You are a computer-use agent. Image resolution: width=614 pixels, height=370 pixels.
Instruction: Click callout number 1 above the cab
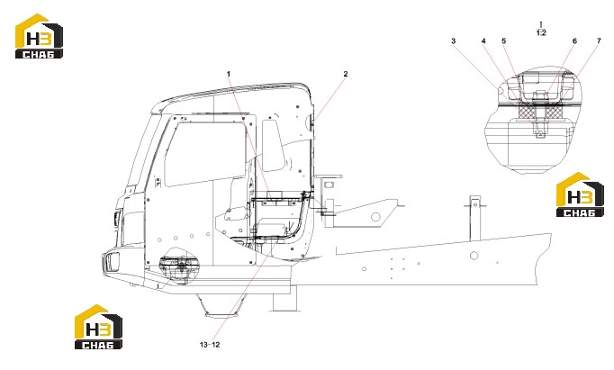point(229,74)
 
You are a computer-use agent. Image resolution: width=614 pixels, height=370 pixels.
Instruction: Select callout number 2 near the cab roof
point(346,74)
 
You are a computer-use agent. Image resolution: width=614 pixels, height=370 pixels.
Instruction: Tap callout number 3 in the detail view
point(454,41)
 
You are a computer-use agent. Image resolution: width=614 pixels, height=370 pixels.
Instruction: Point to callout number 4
point(483,41)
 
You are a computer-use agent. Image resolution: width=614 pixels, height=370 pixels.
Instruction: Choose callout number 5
point(504,41)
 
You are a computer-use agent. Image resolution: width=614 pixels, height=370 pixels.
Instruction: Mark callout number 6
point(575,41)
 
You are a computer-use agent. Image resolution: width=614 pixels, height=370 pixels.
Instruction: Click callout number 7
point(599,41)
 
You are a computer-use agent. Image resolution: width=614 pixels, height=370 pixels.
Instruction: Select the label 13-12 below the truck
point(210,345)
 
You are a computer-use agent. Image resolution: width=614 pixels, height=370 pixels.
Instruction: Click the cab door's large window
point(205,154)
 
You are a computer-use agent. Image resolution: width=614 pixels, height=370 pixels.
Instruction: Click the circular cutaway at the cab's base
point(178,266)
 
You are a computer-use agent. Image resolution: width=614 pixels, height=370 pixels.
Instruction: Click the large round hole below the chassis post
point(474,256)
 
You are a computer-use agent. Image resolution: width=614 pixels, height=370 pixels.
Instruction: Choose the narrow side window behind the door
point(274,146)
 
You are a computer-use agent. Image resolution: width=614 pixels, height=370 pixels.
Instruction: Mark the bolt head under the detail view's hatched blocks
point(540,133)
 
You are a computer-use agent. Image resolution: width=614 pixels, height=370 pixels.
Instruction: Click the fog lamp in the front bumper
point(113,262)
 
